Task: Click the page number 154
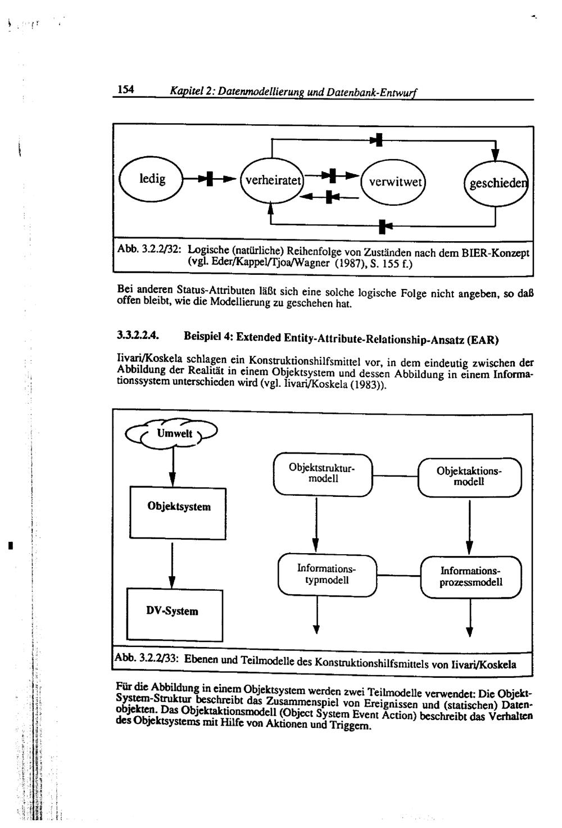(125, 89)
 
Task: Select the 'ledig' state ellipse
(151, 179)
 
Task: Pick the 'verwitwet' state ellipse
(393, 182)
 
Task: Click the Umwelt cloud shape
(171, 434)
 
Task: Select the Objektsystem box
(178, 506)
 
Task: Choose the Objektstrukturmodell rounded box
(323, 473)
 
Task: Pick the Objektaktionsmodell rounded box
(469, 477)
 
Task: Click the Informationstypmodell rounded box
(328, 574)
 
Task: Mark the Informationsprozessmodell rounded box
(471, 577)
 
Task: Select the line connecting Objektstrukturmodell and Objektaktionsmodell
(396, 476)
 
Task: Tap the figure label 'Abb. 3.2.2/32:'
(149, 249)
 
